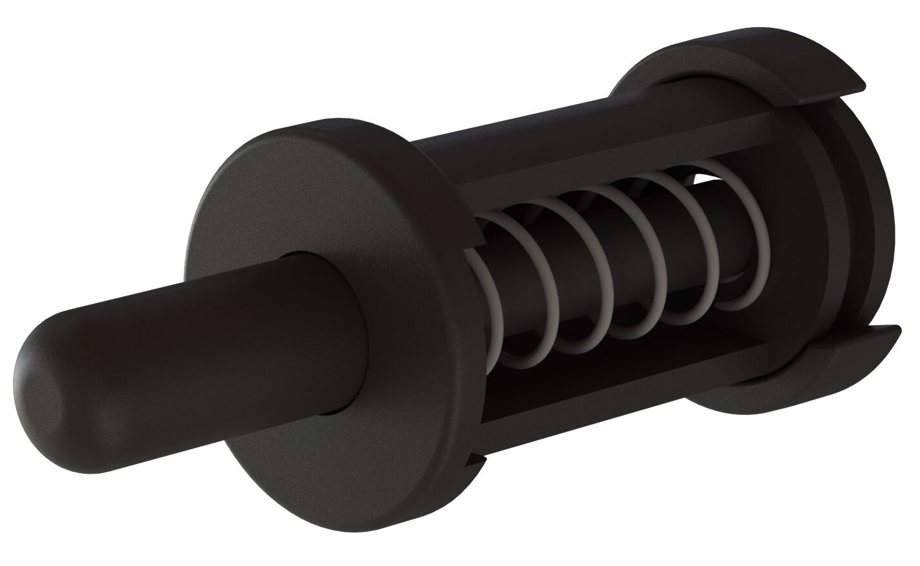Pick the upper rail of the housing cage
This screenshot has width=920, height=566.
pos(581,148)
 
